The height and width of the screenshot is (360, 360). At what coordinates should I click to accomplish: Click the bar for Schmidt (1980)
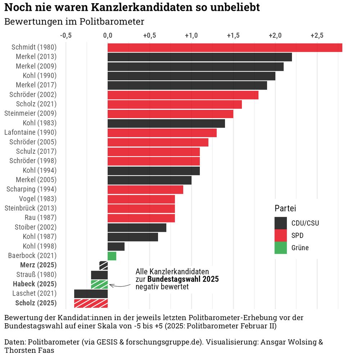pyautogui.click(x=225, y=48)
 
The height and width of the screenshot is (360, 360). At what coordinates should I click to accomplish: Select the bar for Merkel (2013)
pyautogui.click(x=199, y=57)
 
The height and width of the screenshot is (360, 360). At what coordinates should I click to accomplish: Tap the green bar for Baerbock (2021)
pyautogui.click(x=112, y=256)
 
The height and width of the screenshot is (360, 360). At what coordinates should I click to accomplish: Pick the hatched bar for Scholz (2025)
pyautogui.click(x=91, y=303)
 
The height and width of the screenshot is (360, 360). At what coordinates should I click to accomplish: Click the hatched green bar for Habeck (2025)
pyautogui.click(x=99, y=284)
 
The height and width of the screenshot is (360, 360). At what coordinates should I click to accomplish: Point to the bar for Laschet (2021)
pyautogui.click(x=91, y=294)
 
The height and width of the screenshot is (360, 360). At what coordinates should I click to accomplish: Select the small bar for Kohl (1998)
pyautogui.click(x=116, y=247)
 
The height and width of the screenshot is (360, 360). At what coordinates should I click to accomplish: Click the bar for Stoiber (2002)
pyautogui.click(x=137, y=228)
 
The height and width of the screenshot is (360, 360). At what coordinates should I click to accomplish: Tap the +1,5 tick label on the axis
pyautogui.click(x=233, y=36)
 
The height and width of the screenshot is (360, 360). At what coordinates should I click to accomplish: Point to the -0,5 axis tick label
pyautogui.click(x=66, y=36)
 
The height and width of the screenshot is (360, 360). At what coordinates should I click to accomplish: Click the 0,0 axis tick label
pyautogui.click(x=108, y=36)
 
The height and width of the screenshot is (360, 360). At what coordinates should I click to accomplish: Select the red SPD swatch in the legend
pyautogui.click(x=280, y=235)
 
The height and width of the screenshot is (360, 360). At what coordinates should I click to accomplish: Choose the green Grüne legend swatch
pyautogui.click(x=280, y=248)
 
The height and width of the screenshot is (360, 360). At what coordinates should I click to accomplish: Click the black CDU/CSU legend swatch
pyautogui.click(x=280, y=223)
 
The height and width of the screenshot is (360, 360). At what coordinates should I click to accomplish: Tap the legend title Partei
pyautogui.click(x=285, y=208)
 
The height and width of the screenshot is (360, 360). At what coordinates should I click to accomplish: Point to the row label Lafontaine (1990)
pyautogui.click(x=30, y=132)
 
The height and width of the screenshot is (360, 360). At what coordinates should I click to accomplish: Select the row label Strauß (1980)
pyautogui.click(x=35, y=275)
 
